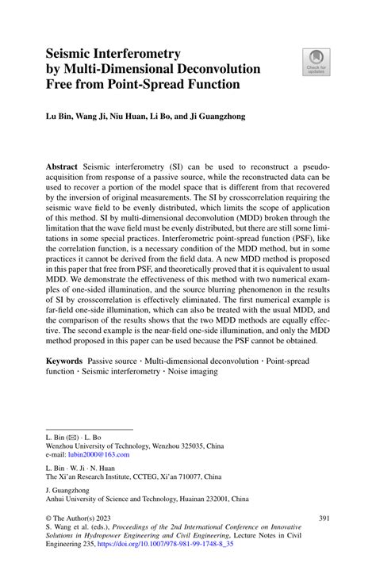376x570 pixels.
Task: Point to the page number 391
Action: tap(323, 518)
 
